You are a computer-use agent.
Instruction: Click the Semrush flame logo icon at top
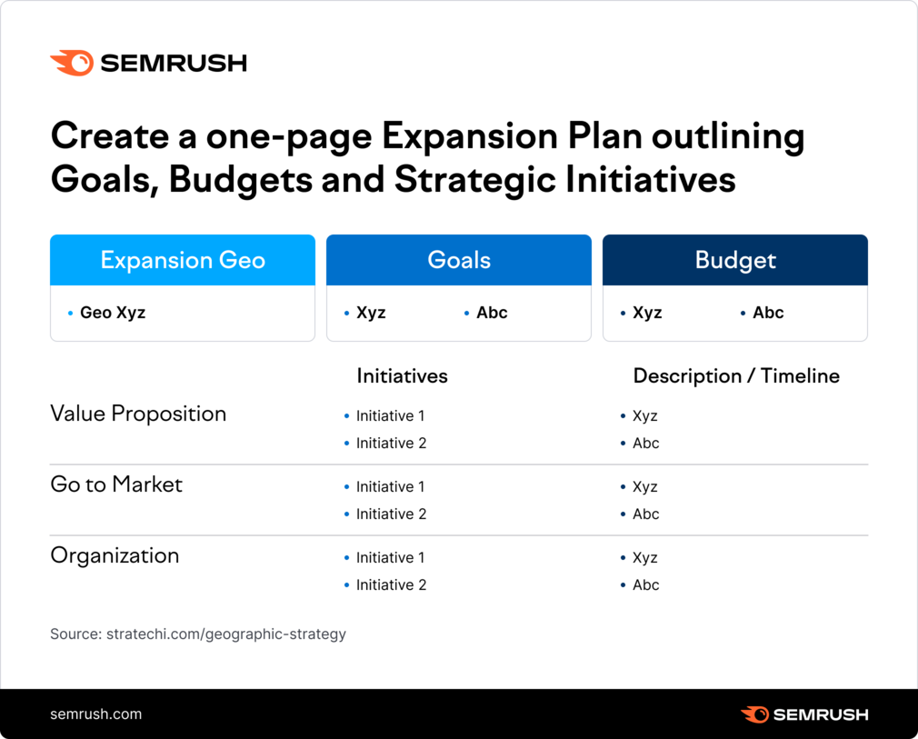point(72,64)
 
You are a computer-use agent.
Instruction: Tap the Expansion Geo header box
point(183,260)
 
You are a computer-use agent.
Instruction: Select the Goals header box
point(459,260)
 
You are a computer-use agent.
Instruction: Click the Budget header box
point(735,260)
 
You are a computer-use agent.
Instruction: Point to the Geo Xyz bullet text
point(113,313)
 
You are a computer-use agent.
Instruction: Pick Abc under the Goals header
point(492,313)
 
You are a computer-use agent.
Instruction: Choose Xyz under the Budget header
point(647,313)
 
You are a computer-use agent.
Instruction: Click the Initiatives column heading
point(403,376)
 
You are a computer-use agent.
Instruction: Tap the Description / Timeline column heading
point(736,376)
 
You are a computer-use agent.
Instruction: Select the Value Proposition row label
point(138,414)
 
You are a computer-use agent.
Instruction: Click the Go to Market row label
point(116,484)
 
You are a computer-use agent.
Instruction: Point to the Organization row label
point(115,555)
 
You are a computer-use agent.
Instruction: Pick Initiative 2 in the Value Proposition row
point(391,444)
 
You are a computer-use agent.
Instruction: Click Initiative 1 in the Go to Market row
point(391,486)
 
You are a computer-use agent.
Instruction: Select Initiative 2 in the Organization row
point(391,585)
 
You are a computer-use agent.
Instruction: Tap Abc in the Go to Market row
point(645,514)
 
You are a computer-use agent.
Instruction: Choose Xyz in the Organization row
point(645,557)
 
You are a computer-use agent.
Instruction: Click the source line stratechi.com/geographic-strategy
point(198,634)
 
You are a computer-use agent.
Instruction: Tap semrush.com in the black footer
point(96,714)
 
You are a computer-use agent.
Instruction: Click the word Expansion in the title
point(469,137)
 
